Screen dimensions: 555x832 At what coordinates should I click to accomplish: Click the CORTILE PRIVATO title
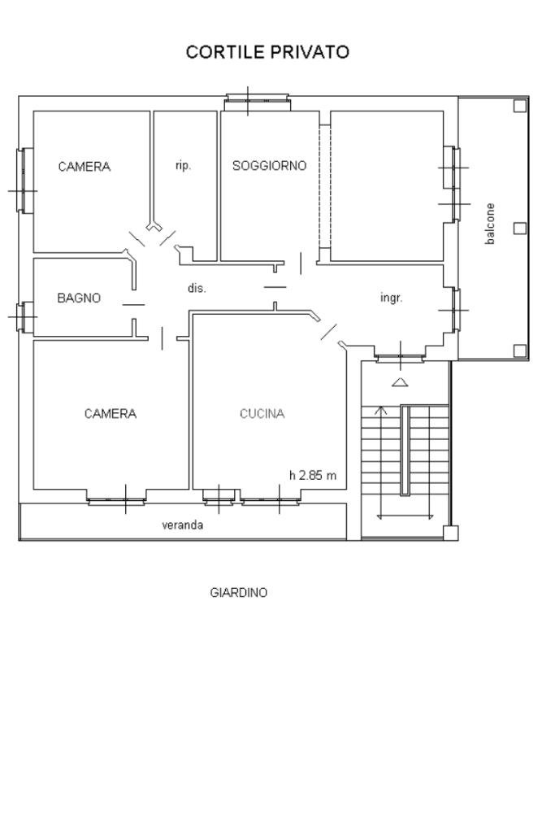point(267,52)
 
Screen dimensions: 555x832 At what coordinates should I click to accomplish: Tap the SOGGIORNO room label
point(269,166)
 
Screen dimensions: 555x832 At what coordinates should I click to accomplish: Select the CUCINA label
point(262,413)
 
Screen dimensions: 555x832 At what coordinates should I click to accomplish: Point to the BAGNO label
point(79,298)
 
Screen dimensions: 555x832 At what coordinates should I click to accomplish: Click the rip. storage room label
point(183,166)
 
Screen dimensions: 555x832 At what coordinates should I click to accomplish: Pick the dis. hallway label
point(197,289)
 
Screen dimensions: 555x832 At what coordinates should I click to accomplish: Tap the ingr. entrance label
point(391,298)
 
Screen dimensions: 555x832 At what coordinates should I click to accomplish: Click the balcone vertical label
point(490,224)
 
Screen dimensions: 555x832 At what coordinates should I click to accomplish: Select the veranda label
point(182,525)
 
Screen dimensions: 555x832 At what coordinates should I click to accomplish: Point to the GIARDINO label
point(239,592)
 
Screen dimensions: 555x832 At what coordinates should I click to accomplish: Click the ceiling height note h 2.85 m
point(313,476)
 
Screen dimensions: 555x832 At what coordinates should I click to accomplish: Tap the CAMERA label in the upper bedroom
point(85,167)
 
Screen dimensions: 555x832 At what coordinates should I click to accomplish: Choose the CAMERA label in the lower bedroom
point(111,413)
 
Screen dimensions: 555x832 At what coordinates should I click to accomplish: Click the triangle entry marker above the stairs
point(400,382)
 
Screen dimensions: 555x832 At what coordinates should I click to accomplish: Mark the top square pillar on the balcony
point(519,106)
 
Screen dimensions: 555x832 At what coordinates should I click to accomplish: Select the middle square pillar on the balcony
point(519,229)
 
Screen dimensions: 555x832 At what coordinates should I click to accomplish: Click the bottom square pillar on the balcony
point(519,351)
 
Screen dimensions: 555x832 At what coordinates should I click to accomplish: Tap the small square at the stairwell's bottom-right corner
point(450,533)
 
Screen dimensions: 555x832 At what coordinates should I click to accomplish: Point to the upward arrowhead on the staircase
point(380,410)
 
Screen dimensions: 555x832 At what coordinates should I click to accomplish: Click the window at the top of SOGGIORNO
point(258,102)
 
